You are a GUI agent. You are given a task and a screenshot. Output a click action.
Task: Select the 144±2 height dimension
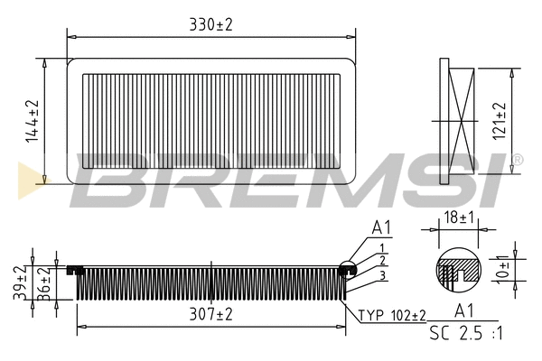click(33, 121)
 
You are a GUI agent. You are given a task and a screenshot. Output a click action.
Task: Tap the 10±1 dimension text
click(502, 269)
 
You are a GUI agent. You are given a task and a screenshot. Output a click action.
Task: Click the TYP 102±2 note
click(393, 315)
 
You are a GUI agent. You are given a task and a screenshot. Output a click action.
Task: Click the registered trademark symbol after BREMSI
click(516, 160)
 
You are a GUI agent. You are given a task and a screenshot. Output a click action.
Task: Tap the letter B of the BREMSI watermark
click(108, 178)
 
